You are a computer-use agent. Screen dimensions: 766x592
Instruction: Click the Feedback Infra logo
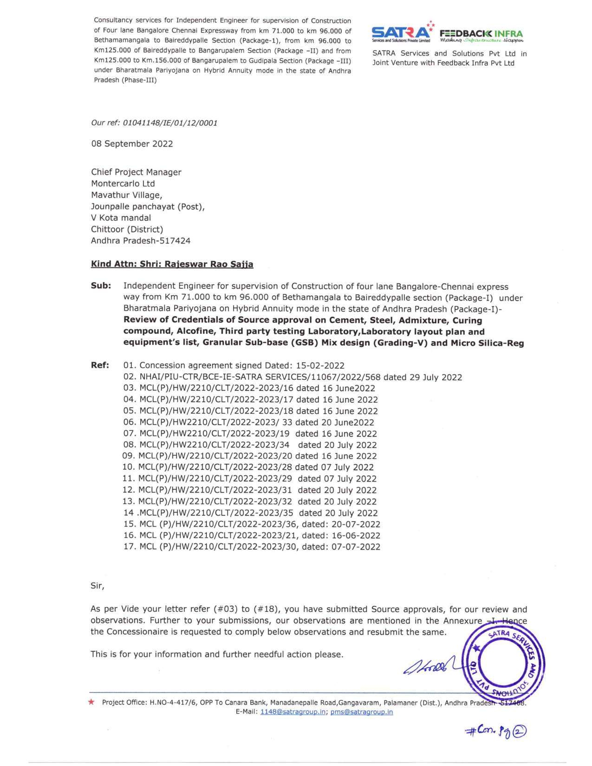[481, 35]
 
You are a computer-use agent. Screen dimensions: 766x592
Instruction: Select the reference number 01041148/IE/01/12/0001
[169, 123]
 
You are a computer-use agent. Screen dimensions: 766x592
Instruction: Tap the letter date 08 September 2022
[132, 144]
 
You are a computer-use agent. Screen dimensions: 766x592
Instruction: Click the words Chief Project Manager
[136, 172]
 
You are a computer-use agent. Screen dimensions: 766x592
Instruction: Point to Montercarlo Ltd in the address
[123, 184]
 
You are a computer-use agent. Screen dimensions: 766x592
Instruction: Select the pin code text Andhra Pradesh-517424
[141, 241]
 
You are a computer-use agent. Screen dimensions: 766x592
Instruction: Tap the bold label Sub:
[101, 286]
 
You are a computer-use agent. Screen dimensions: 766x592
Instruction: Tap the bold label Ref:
[100, 365]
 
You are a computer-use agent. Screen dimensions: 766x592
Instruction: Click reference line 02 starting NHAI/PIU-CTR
[293, 377]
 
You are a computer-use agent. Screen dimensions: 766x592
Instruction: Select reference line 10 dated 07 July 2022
[248, 467]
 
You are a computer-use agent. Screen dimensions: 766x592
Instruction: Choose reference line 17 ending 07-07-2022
[252, 547]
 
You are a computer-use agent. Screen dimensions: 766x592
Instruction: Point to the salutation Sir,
[98, 586]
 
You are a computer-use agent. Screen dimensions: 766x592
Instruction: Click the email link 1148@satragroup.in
[293, 712]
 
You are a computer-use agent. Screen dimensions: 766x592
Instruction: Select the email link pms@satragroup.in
[361, 712]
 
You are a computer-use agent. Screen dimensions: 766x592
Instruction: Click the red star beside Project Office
[91, 702]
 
